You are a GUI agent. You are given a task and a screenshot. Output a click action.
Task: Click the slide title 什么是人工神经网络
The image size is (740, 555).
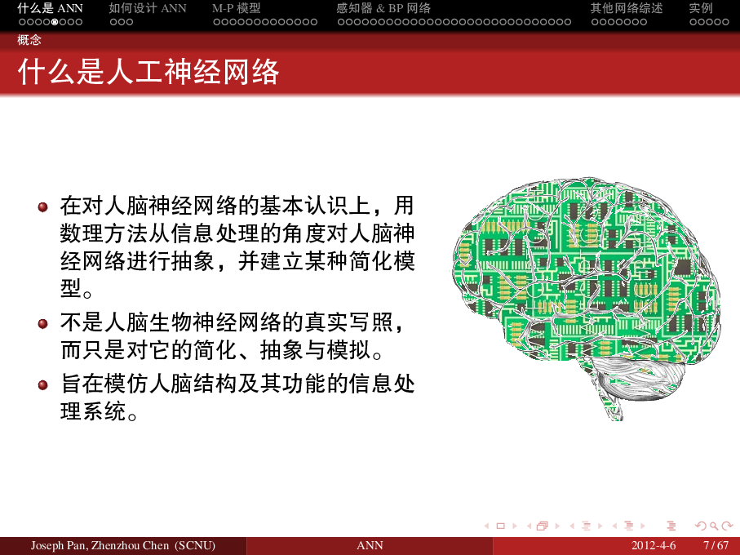(x=149, y=72)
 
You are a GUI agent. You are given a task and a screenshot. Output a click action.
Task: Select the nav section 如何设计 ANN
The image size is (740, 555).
(x=148, y=8)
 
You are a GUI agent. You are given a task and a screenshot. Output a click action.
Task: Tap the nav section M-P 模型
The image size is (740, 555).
(x=237, y=8)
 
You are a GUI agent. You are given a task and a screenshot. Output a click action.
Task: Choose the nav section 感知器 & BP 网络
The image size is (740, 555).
(x=383, y=8)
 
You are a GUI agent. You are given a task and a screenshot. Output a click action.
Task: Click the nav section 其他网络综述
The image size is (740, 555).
(x=627, y=8)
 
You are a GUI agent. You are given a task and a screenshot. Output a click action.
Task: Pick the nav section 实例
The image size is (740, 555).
(x=701, y=8)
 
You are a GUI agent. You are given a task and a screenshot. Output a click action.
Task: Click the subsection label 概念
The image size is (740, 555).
(x=29, y=39)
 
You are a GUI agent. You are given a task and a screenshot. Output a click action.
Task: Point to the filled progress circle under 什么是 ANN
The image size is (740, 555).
(x=54, y=22)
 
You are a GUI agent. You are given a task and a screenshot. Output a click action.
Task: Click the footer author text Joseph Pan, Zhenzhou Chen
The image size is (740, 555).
(x=122, y=545)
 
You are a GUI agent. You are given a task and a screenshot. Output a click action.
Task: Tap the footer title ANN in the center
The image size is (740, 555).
(x=370, y=545)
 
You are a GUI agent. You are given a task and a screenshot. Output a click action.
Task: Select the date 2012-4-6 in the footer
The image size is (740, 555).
(x=654, y=545)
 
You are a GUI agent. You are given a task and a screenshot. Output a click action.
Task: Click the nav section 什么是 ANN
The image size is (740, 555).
(x=50, y=8)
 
